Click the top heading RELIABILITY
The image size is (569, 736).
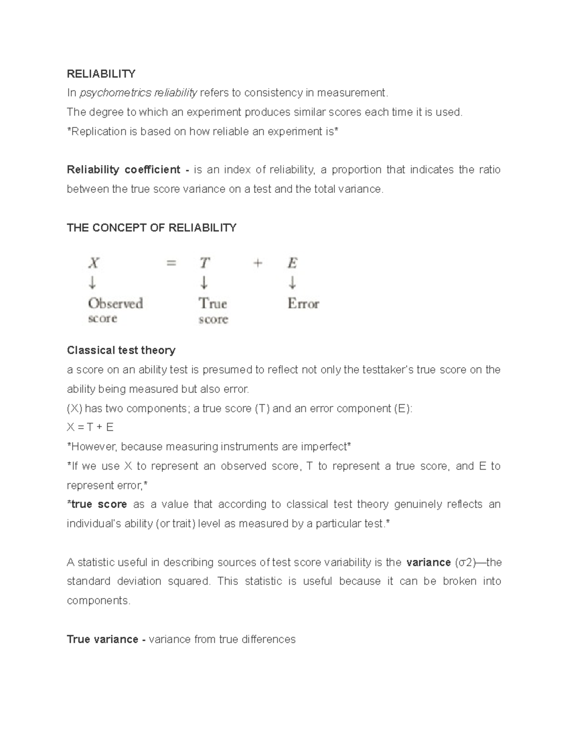pos(101,73)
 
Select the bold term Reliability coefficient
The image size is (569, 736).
pos(123,170)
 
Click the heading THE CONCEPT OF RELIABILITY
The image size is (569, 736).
pos(151,228)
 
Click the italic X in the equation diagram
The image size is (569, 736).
pos(94,263)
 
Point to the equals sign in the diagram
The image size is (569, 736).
pos(171,263)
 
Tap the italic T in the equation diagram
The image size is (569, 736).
pos(204,263)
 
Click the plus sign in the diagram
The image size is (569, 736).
pos(257,263)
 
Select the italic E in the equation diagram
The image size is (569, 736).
pos(293,263)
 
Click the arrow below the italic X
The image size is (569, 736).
pos(92,283)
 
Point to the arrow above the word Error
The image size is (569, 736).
pos(293,283)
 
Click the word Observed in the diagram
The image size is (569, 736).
pos(115,303)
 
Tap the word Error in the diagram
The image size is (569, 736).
pos(303,304)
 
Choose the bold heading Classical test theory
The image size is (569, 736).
pos(121,350)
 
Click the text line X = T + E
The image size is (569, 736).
pos(90,427)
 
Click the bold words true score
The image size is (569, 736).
pos(99,504)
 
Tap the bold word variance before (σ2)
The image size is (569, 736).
pos(428,563)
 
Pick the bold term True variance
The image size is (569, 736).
pos(102,639)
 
